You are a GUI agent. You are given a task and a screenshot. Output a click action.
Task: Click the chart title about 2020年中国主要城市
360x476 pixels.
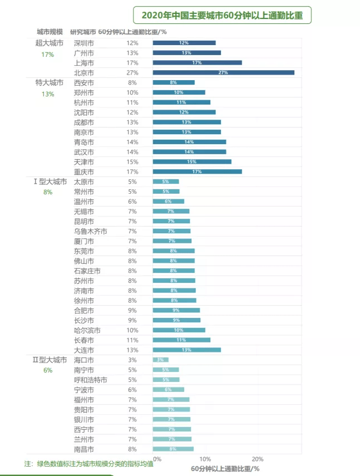click(x=222, y=15)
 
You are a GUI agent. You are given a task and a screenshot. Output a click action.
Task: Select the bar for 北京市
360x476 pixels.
click(x=223, y=73)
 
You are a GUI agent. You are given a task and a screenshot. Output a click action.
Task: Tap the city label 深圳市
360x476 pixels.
click(x=84, y=43)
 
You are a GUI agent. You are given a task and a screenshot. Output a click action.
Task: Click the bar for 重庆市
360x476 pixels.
click(x=197, y=171)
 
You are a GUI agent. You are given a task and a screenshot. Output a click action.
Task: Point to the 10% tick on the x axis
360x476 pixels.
click(x=205, y=459)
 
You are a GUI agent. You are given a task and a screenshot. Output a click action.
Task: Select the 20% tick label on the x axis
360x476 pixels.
click(x=258, y=459)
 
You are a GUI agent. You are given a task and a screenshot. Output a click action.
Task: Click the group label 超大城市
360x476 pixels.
click(x=49, y=43)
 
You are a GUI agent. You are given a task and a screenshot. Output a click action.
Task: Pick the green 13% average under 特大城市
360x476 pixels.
click(x=48, y=94)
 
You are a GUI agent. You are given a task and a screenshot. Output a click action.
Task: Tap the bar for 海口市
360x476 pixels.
click(x=160, y=360)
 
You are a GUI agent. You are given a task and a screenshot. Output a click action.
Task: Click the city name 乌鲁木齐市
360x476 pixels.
click(x=91, y=231)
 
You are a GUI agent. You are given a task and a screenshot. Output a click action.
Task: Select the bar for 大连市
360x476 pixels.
click(x=186, y=350)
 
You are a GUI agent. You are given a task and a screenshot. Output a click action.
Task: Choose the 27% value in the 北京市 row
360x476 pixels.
click(x=132, y=73)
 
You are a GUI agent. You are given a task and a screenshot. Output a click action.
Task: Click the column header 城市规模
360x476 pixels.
click(x=50, y=31)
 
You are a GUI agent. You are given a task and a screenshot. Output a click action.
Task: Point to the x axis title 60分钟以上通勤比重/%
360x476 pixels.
click(x=225, y=469)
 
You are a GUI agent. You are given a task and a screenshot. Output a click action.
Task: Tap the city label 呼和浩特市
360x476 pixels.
click(x=91, y=380)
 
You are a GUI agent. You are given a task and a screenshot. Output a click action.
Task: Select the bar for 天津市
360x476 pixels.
click(x=192, y=161)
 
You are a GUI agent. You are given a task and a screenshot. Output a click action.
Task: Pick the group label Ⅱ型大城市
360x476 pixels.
click(x=49, y=360)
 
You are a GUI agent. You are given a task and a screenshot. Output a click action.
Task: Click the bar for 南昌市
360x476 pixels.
click(x=173, y=449)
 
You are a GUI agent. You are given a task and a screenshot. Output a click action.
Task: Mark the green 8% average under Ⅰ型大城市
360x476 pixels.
click(x=48, y=192)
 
